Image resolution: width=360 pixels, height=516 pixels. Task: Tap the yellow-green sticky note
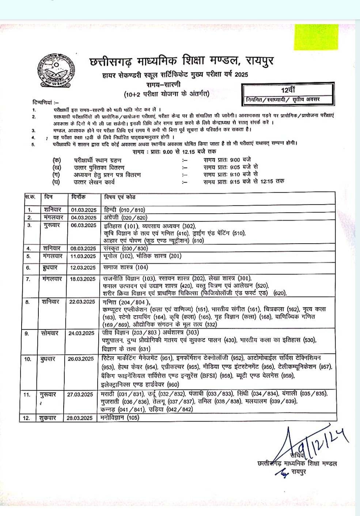coord(317,37)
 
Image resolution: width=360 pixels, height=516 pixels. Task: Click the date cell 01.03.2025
coord(84,210)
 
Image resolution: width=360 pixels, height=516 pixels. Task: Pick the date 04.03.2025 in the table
coord(84,218)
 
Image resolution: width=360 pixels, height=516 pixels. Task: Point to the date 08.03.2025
coord(84,248)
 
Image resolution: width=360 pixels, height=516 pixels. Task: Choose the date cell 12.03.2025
coord(84,268)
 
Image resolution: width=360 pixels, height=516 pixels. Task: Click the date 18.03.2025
coord(84,279)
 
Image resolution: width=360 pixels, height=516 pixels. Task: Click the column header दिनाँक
coord(78,197)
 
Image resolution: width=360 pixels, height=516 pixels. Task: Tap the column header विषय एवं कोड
coord(119,197)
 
